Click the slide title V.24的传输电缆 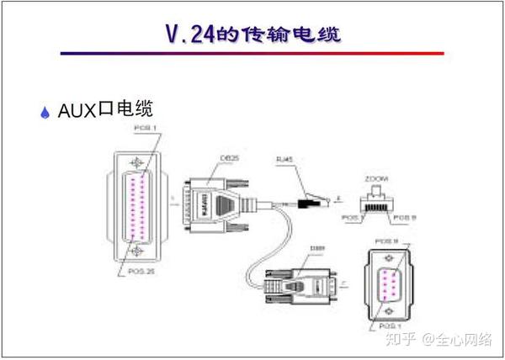pyautogui.click(x=253, y=35)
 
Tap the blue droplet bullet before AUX pyautogui.click(x=45, y=113)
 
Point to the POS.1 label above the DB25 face pyautogui.click(x=146, y=128)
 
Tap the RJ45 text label pyautogui.click(x=285, y=158)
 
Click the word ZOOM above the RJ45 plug pyautogui.click(x=376, y=179)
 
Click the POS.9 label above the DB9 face pyautogui.click(x=386, y=241)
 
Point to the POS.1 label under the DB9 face pyautogui.click(x=386, y=324)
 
